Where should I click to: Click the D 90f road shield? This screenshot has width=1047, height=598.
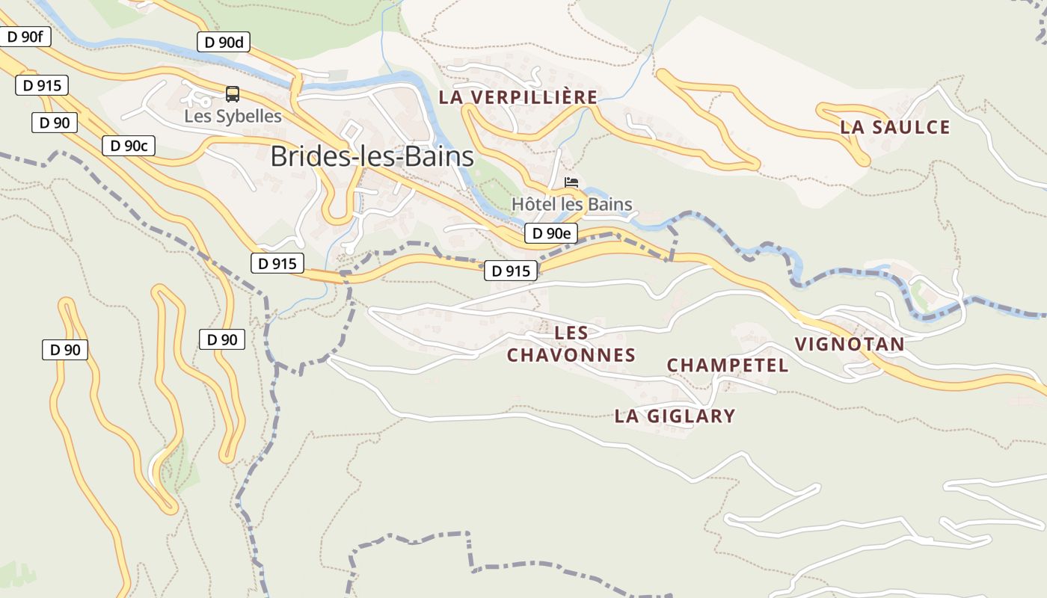pyautogui.click(x=25, y=36)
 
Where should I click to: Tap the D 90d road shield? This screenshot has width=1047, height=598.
pyautogui.click(x=223, y=42)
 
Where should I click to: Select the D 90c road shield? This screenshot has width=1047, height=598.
pyautogui.click(x=128, y=146)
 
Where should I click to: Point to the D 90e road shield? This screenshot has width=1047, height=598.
pyautogui.click(x=550, y=233)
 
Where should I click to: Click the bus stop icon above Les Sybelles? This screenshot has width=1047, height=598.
pyautogui.click(x=233, y=94)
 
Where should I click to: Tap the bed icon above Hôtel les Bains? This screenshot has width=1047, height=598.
pyautogui.click(x=571, y=182)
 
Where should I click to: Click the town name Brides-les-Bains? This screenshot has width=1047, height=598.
pyautogui.click(x=372, y=156)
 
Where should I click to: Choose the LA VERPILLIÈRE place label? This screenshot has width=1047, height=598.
pyautogui.click(x=518, y=97)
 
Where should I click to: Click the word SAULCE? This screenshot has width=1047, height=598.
pyautogui.click(x=909, y=127)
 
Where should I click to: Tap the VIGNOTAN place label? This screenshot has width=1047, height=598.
pyautogui.click(x=850, y=345)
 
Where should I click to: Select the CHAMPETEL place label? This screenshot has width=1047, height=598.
pyautogui.click(x=728, y=366)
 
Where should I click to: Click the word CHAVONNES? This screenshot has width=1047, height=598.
pyautogui.click(x=571, y=355)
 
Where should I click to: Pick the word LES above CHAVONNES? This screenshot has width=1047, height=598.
pyautogui.click(x=571, y=333)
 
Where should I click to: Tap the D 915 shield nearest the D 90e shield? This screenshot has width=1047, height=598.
pyautogui.click(x=511, y=271)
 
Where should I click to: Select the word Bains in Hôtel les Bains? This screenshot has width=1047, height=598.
pyautogui.click(x=610, y=204)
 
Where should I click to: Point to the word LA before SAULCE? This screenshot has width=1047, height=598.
pyautogui.click(x=852, y=127)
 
